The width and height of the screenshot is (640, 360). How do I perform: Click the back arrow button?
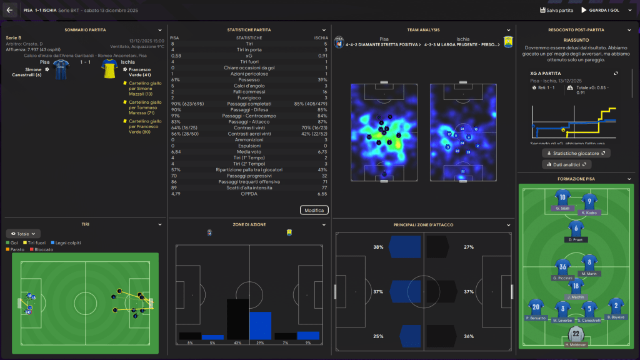coord(9,10)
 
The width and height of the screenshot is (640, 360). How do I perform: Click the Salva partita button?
coord(556,10)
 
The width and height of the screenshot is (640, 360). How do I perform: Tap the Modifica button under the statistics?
coord(314,210)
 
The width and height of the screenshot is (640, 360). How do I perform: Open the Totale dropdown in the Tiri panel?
coord(23,233)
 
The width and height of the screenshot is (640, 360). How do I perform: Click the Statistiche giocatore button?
coord(576,152)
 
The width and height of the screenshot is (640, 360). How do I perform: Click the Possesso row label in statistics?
coord(248,79)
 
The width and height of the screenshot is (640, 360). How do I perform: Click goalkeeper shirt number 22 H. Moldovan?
coord(576,336)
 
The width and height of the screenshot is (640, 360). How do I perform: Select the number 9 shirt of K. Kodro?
coord(587,201)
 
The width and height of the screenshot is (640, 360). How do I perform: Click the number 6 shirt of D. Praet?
coord(576,228)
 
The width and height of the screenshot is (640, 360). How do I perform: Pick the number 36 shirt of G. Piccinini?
coord(562,266)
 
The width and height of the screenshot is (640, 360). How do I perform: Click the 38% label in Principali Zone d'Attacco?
coord(378,247)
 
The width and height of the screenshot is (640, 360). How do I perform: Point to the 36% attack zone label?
coord(469,337)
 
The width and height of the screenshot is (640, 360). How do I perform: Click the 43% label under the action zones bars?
coord(237,343)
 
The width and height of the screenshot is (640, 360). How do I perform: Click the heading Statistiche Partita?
coord(249,29)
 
